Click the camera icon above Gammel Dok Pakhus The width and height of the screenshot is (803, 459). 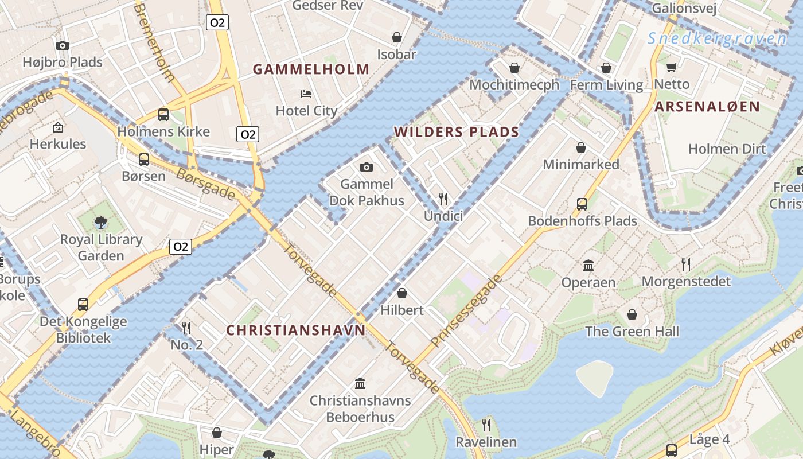(x=366, y=167)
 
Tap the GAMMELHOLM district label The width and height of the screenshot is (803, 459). (x=311, y=69)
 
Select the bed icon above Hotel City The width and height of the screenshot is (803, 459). (x=306, y=94)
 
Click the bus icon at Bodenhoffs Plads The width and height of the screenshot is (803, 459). (x=582, y=204)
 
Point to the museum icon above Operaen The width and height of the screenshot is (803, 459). (x=588, y=265)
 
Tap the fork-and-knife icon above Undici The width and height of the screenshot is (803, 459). (x=443, y=199)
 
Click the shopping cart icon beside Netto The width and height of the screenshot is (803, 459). (x=672, y=67)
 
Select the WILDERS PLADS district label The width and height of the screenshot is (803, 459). (x=457, y=132)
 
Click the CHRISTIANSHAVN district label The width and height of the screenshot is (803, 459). (x=295, y=330)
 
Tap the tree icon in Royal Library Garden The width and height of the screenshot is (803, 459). (x=101, y=222)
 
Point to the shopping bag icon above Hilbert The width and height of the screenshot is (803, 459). (x=402, y=293)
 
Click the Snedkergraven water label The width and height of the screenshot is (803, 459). (x=717, y=39)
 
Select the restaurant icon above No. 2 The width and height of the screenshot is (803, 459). (x=186, y=328)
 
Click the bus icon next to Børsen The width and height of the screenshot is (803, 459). (x=144, y=159)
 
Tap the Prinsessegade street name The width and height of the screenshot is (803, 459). (x=466, y=311)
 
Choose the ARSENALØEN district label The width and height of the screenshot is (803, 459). (x=707, y=106)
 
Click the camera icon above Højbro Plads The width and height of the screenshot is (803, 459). (x=63, y=45)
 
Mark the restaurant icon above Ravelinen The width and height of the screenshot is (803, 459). (x=486, y=425)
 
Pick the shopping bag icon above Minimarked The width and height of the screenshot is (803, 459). (x=581, y=147)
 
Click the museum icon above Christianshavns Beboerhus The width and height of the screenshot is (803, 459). (x=360, y=383)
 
